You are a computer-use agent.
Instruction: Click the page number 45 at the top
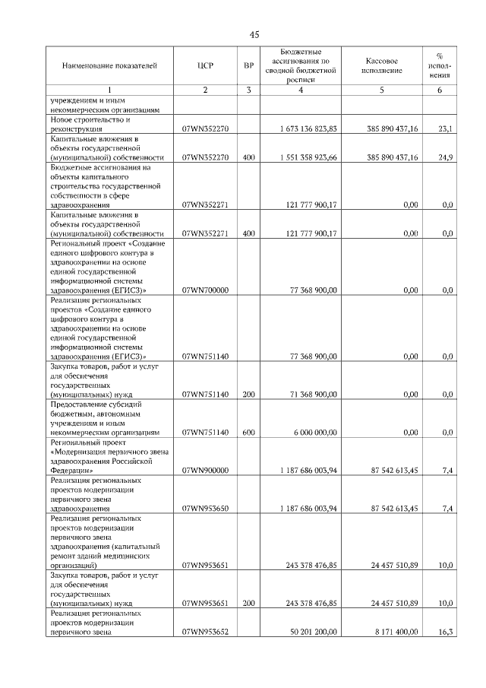(x=254, y=35)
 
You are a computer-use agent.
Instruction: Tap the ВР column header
(x=248, y=66)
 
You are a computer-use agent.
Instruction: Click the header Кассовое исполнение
(x=381, y=66)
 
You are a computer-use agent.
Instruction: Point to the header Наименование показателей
(x=109, y=66)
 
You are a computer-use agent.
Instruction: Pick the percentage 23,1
(x=446, y=129)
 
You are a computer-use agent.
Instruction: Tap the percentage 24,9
(x=446, y=157)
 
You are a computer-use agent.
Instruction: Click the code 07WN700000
(x=205, y=290)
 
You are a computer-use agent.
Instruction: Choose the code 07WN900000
(x=205, y=471)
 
